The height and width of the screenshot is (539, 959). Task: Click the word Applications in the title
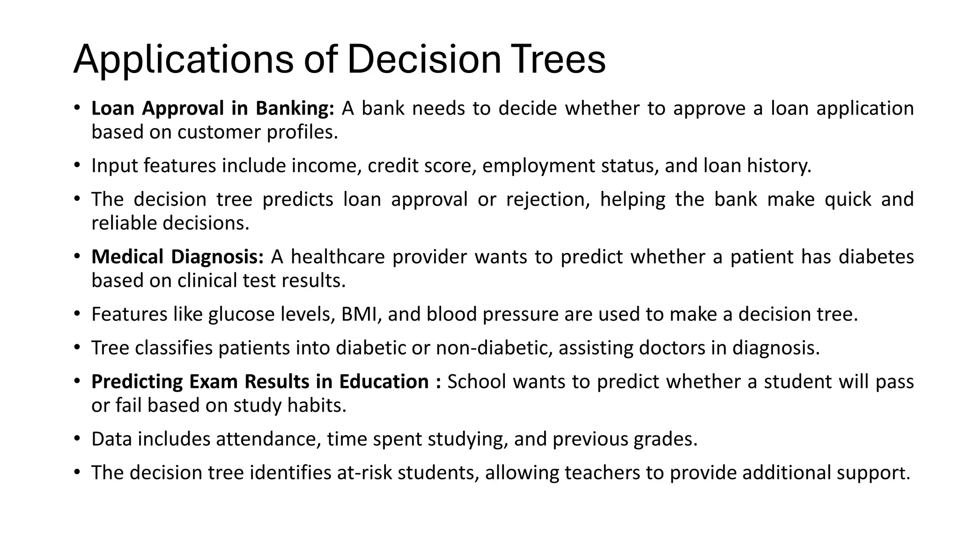click(x=183, y=59)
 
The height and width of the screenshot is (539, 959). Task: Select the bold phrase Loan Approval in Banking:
click(x=212, y=109)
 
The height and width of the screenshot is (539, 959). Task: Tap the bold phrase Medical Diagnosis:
click(x=177, y=257)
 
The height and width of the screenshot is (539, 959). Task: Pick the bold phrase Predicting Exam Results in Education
click(x=260, y=382)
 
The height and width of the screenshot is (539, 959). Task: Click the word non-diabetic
click(x=494, y=348)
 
